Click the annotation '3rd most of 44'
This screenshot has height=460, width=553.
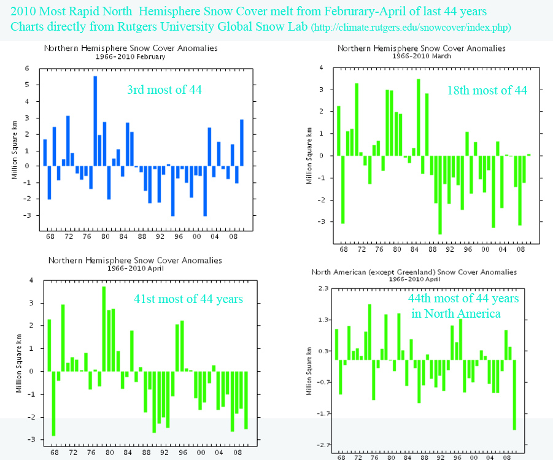tap(164, 90)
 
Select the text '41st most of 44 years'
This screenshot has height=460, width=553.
tap(188, 299)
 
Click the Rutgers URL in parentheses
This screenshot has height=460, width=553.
tap(411, 28)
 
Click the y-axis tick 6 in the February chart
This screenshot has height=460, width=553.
tap(27, 69)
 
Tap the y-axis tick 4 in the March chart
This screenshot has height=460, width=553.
tap(321, 67)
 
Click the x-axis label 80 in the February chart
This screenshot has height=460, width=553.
tap(106, 236)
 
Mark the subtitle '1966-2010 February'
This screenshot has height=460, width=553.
tap(130, 56)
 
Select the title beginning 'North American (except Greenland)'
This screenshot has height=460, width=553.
tap(414, 272)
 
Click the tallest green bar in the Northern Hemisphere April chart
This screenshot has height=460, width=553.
tap(104, 329)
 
